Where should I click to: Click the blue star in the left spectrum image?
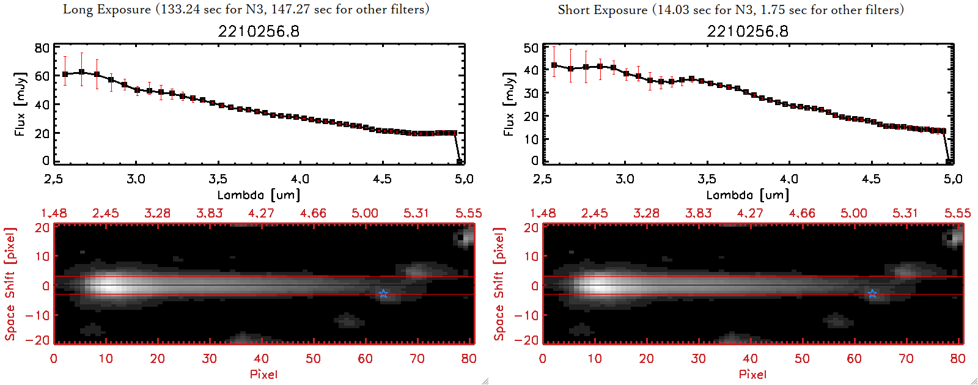pyautogui.click(x=383, y=294)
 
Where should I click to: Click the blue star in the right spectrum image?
pyautogui.click(x=872, y=294)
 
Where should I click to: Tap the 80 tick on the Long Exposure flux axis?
pyautogui.click(x=42, y=48)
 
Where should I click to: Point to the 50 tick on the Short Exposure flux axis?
pyautogui.click(x=531, y=48)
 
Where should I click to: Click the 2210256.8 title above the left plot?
pyautogui.click(x=259, y=31)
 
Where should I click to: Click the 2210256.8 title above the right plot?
pyautogui.click(x=748, y=31)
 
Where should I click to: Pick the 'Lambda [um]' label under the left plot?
pyautogui.click(x=259, y=195)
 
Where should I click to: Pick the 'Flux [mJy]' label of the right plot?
pyautogui.click(x=509, y=104)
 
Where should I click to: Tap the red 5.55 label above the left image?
pyautogui.click(x=468, y=213)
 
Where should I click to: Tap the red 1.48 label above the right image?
pyautogui.click(x=543, y=213)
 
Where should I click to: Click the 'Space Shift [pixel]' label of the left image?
pyautogui.click(x=10, y=284)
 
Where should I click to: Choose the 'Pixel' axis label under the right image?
pyautogui.click(x=752, y=374)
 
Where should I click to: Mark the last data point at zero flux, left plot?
pyautogui.click(x=460, y=161)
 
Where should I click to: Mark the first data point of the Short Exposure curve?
pyautogui.click(x=554, y=65)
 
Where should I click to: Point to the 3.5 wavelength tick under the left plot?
pyautogui.click(x=218, y=179)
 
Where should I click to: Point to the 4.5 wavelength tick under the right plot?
pyautogui.click(x=871, y=179)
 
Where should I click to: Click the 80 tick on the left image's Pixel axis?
pyautogui.click(x=469, y=359)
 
